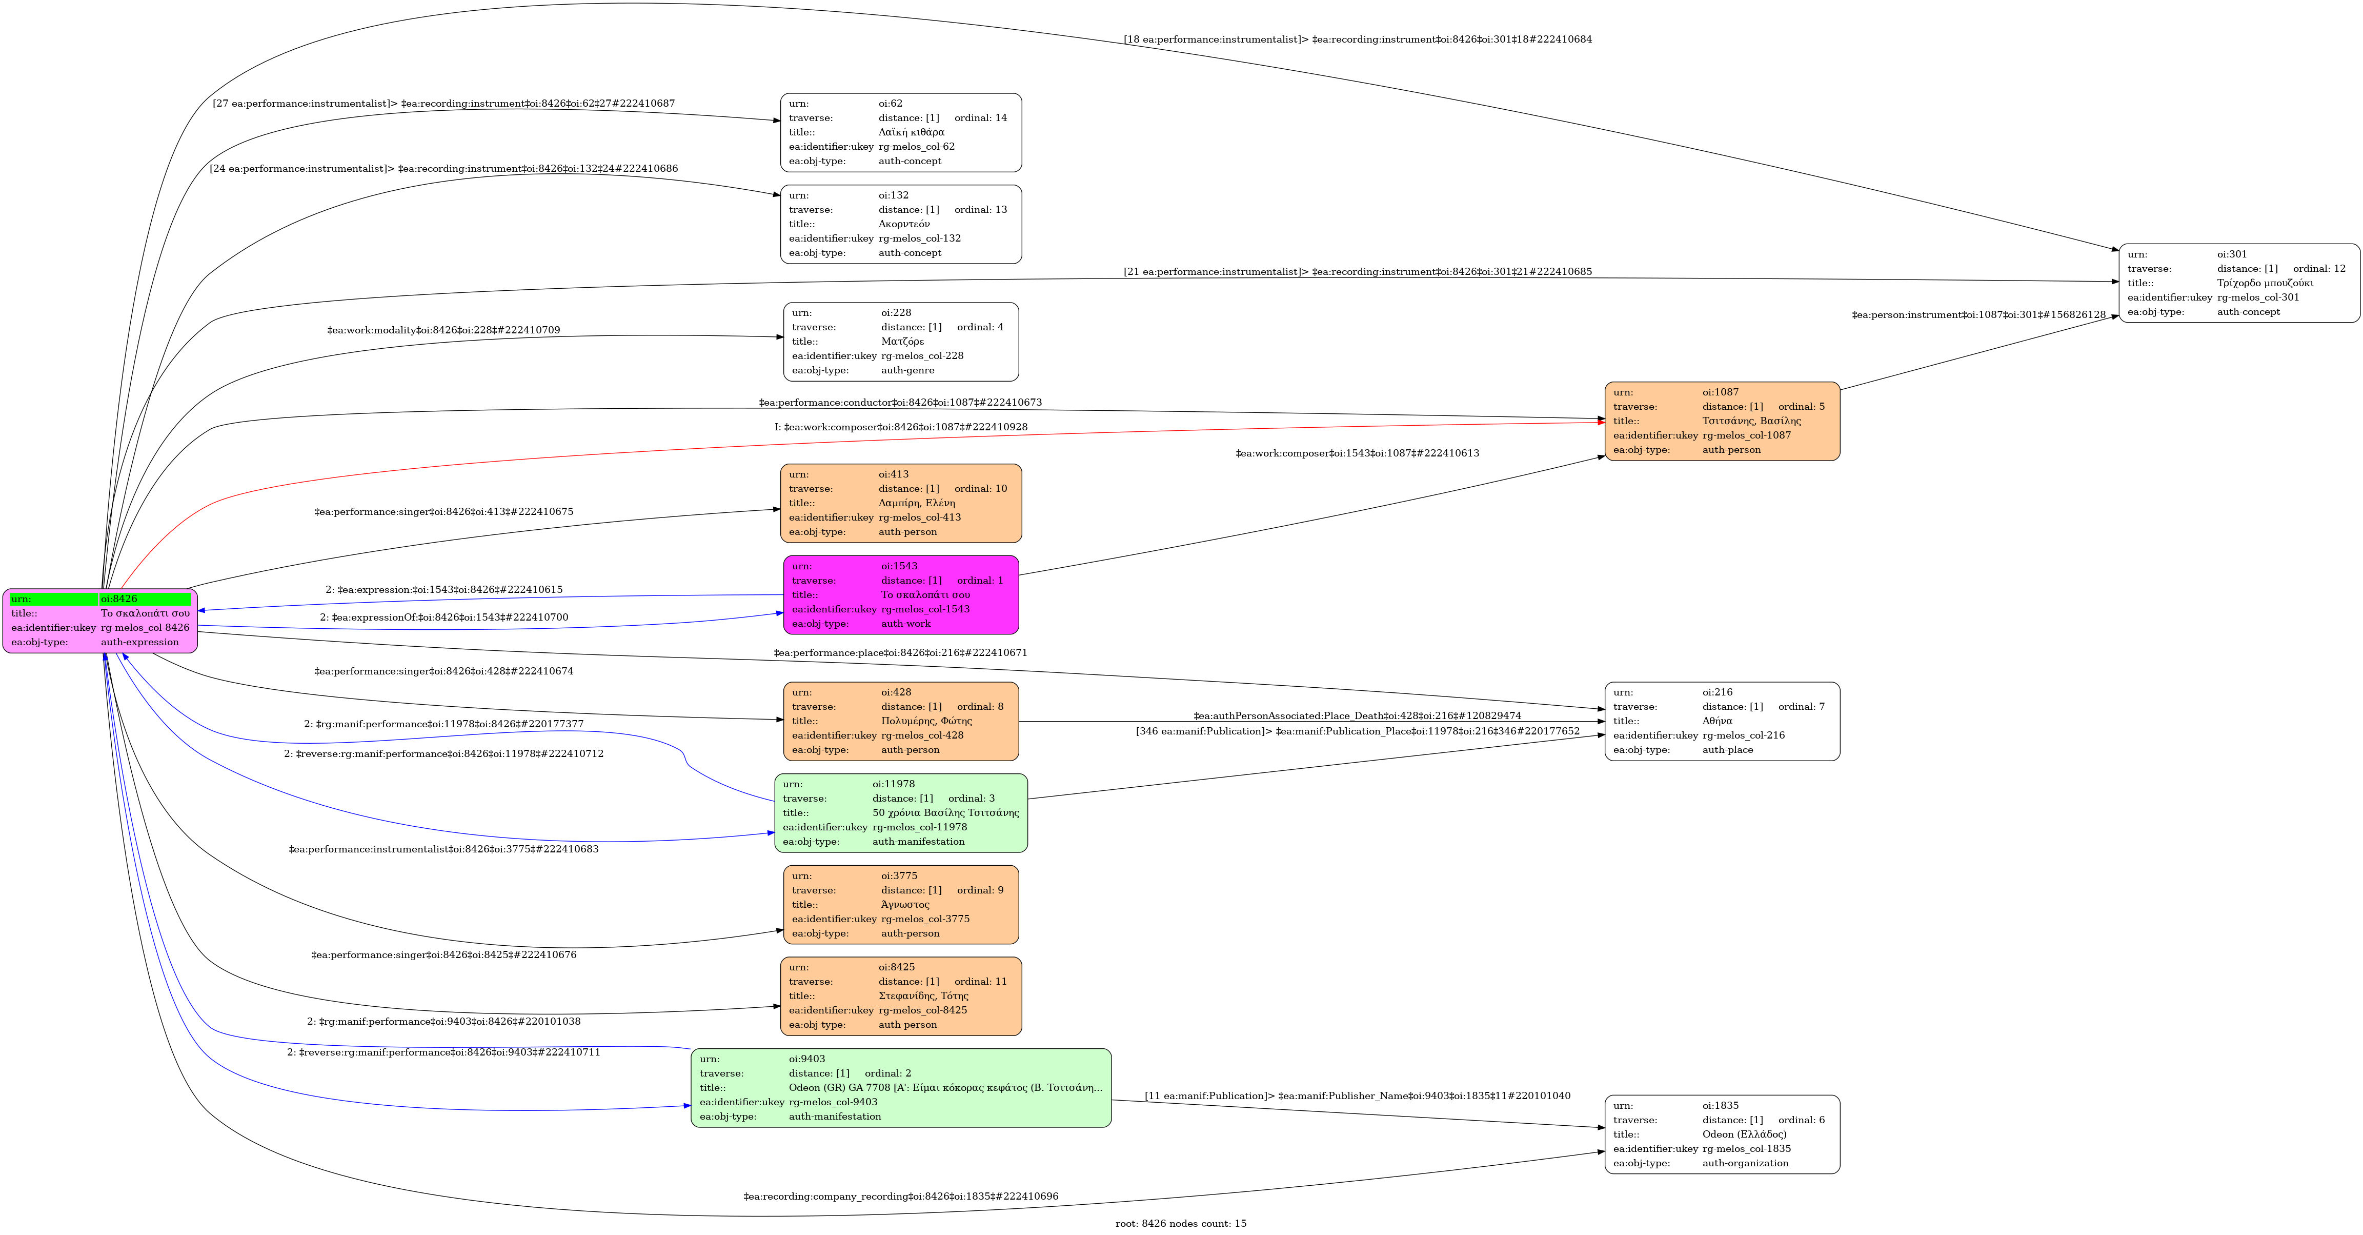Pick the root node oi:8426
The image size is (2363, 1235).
[x=100, y=620]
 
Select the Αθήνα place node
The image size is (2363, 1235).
[x=1721, y=721]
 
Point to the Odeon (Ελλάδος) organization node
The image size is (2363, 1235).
[x=1721, y=1134]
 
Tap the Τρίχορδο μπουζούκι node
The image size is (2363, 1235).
[x=2238, y=283]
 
